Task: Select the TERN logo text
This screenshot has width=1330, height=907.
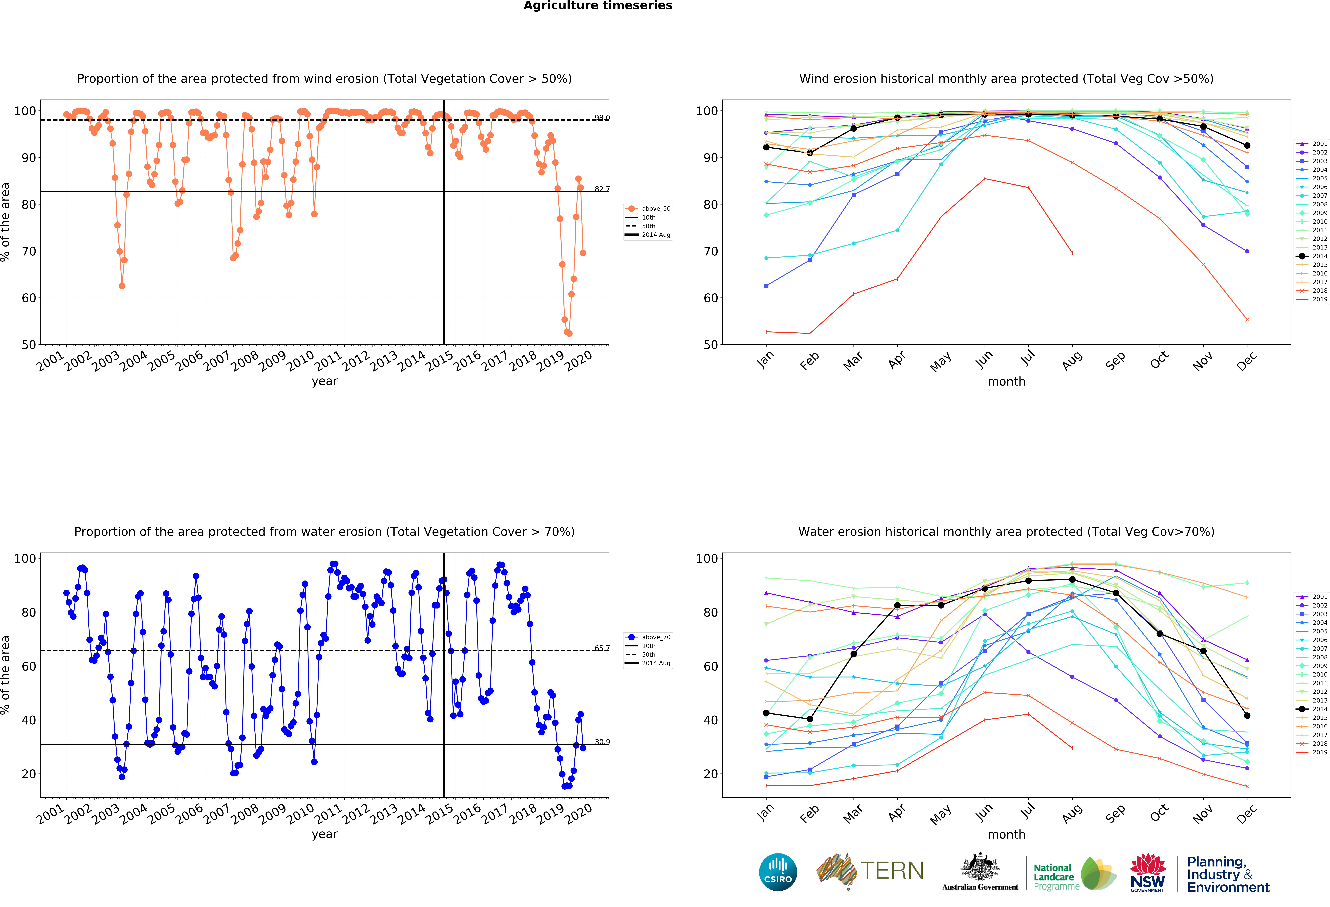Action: [892, 871]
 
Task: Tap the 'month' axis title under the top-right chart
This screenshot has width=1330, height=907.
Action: [1006, 381]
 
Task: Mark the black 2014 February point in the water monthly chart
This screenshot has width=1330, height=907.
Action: [810, 719]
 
